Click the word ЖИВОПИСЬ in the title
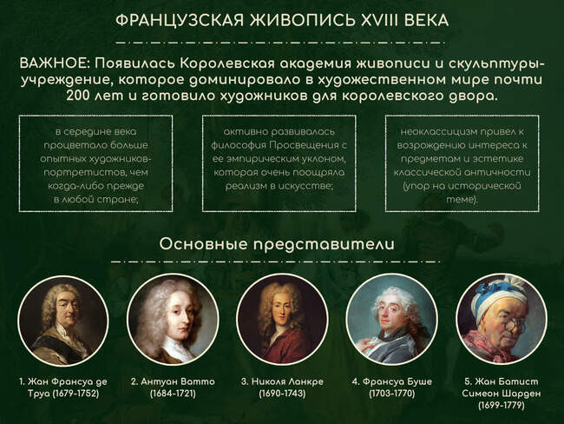point(303,21)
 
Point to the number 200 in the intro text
point(79,96)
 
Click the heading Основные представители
point(277,244)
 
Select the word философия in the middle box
point(239,145)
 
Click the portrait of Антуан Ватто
point(173,321)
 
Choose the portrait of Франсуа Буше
point(392,321)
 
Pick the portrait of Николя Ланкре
point(282,321)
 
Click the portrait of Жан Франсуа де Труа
point(63,321)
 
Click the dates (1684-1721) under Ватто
point(173,394)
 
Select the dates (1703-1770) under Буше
point(392,394)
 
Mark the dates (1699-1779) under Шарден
point(502,405)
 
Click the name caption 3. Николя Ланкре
point(282,381)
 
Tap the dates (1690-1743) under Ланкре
point(282,394)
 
